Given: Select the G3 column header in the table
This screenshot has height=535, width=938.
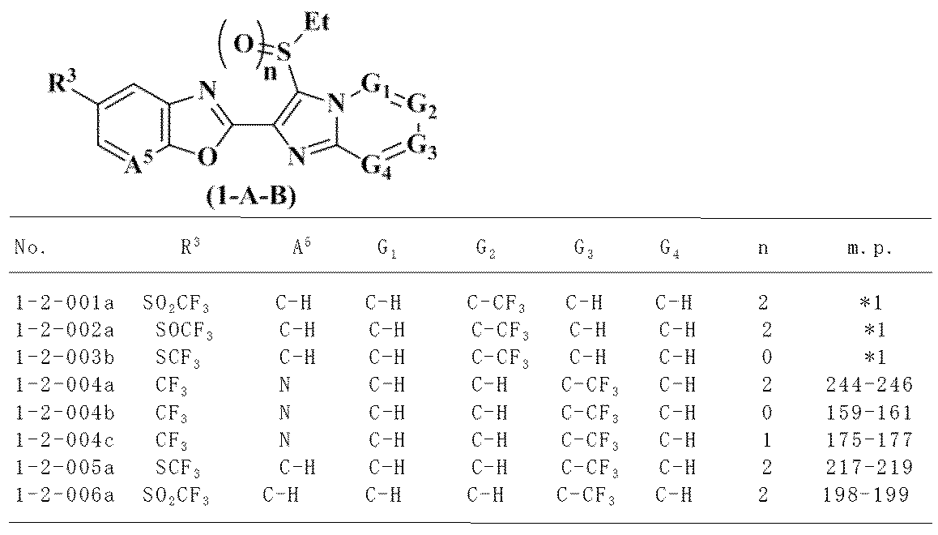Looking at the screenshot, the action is point(585,250).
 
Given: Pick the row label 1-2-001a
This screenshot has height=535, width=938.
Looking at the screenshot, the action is point(64,305).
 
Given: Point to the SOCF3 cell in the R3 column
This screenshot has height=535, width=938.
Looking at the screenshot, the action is point(184,332).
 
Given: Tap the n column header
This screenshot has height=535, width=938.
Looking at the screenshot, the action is point(762,250).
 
